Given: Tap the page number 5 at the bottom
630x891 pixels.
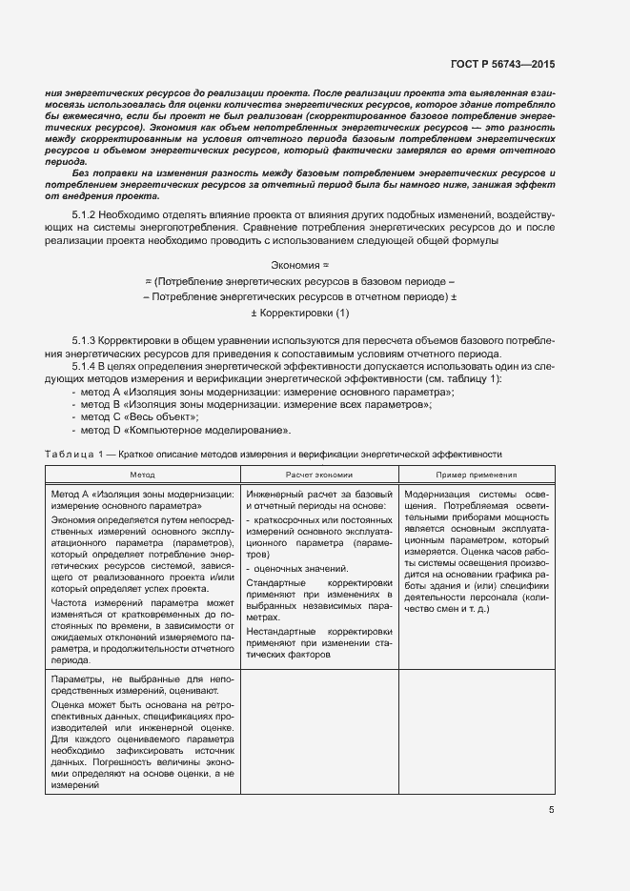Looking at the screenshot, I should pyautogui.click(x=552, y=810).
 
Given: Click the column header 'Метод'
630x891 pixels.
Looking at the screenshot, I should pyautogui.click(x=142, y=474).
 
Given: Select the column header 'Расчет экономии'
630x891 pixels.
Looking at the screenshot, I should pyautogui.click(x=318, y=474).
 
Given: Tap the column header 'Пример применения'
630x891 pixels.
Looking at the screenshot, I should pyautogui.click(x=477, y=474).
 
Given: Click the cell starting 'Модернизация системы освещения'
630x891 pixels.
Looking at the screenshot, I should pyautogui.click(x=477, y=552).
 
